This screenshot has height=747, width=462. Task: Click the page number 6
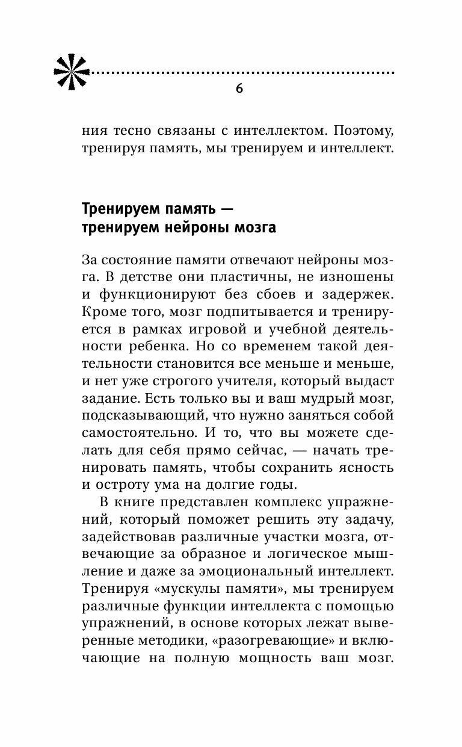[239, 89]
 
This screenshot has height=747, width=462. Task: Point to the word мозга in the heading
[256, 228]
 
